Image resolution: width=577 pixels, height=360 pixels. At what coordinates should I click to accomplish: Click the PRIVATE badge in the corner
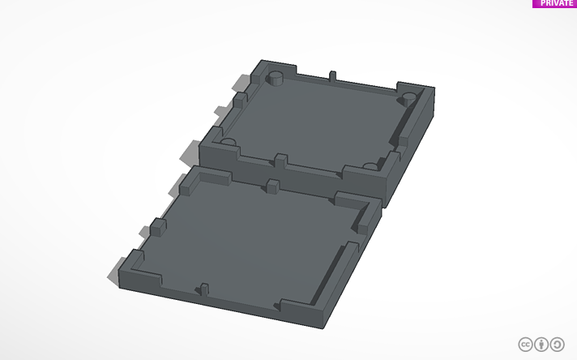554,3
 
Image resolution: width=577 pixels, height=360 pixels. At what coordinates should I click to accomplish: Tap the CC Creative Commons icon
525,345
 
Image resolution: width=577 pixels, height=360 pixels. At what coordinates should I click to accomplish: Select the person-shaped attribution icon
541,345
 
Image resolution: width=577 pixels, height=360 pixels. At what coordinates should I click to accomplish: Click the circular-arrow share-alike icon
557,345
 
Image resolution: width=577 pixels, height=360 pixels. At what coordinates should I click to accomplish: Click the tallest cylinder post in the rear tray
275,78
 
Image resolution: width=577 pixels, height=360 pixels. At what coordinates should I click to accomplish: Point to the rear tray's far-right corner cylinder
408,99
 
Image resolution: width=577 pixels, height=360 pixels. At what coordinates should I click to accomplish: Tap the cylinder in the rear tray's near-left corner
228,142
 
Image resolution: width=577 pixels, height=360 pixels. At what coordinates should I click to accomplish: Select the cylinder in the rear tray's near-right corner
370,166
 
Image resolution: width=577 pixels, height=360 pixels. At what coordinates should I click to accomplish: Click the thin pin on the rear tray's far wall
332,76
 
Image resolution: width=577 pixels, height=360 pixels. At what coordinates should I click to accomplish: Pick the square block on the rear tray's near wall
281,161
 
